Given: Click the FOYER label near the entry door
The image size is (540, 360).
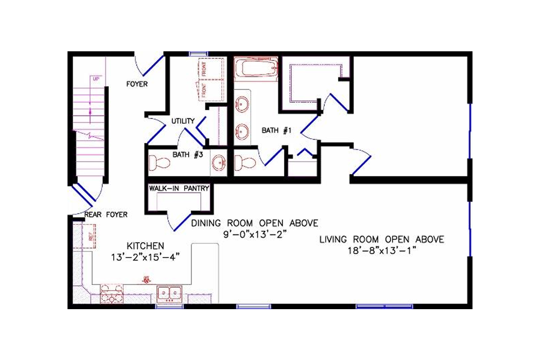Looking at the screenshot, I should pyautogui.click(x=137, y=84).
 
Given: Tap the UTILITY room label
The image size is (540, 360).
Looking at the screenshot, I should pyautogui.click(x=182, y=121).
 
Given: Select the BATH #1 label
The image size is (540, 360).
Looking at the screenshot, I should pyautogui.click(x=277, y=131).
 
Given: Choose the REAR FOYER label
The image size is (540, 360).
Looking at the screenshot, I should pyautogui.click(x=106, y=215).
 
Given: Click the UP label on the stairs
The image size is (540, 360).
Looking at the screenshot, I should pyautogui.click(x=96, y=79).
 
